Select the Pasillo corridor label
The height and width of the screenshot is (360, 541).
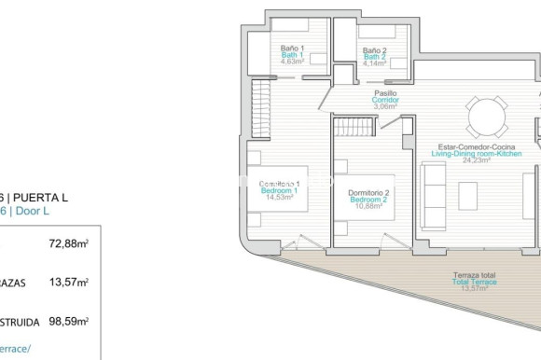[385, 93]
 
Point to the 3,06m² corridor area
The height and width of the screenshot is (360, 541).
[385, 106]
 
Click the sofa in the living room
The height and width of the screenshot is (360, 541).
[434, 190]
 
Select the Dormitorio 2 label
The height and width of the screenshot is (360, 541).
[368, 193]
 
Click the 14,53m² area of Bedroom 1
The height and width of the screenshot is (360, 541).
[280, 198]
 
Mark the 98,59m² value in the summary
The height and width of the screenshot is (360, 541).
[69, 321]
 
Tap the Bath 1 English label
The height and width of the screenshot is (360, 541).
[292, 55]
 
